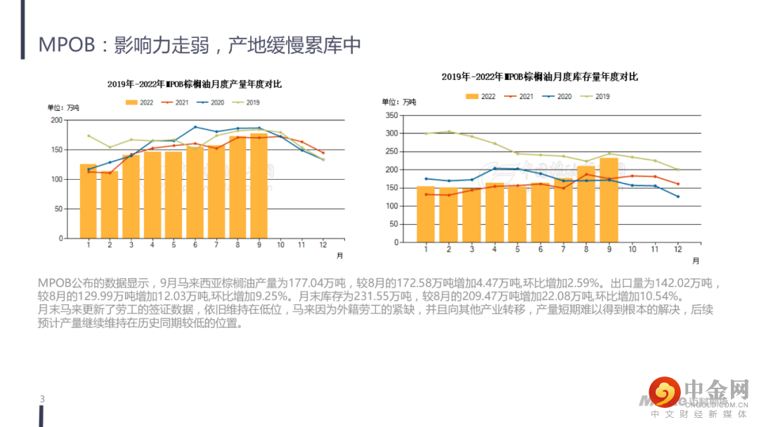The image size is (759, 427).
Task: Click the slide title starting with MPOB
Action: [x=200, y=45]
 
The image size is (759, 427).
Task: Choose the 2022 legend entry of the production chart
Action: [x=139, y=103]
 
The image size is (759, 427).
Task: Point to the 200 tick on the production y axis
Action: [x=56, y=120]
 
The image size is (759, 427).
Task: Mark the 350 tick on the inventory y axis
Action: [x=391, y=115]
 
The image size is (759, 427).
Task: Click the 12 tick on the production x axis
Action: [x=323, y=244]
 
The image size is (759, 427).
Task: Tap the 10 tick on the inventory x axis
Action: [x=632, y=249]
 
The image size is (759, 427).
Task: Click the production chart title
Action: [x=194, y=84]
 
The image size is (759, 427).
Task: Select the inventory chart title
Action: [x=539, y=77]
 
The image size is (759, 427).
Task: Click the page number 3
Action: [x=42, y=400]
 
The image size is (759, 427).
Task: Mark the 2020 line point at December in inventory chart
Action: [x=678, y=197]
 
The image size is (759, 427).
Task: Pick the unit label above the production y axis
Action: [x=63, y=107]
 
